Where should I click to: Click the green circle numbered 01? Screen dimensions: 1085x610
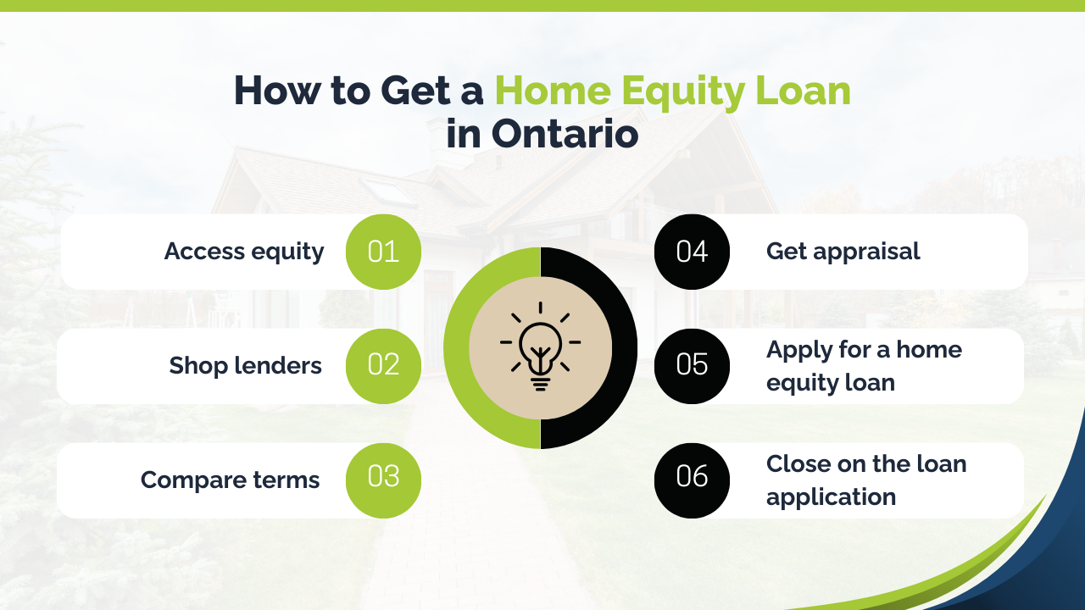[x=383, y=252]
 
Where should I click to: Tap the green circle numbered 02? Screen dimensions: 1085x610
[x=383, y=366]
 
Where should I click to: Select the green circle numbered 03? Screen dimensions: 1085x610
[x=383, y=480]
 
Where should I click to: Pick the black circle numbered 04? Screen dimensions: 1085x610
[x=692, y=252]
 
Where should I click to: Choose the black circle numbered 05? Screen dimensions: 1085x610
[x=692, y=366]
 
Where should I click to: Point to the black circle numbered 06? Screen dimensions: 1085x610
[x=692, y=480]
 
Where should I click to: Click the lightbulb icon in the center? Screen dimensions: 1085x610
[x=540, y=346]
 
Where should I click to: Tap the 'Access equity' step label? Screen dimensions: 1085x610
[x=244, y=252]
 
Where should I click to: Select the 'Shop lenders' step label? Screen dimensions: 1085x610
[x=245, y=365]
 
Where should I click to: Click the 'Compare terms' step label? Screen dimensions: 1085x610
[x=230, y=480]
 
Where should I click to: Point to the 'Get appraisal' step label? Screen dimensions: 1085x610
[x=843, y=252]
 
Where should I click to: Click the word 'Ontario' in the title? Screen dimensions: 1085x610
[x=565, y=134]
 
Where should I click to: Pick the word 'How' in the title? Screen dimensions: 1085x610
[x=277, y=91]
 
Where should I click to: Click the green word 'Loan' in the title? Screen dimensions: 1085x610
[x=803, y=91]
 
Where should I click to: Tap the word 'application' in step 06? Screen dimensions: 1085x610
[x=832, y=497]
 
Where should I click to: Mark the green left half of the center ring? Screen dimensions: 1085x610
[x=456, y=348]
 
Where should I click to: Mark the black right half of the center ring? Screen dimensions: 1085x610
[x=625, y=348]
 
